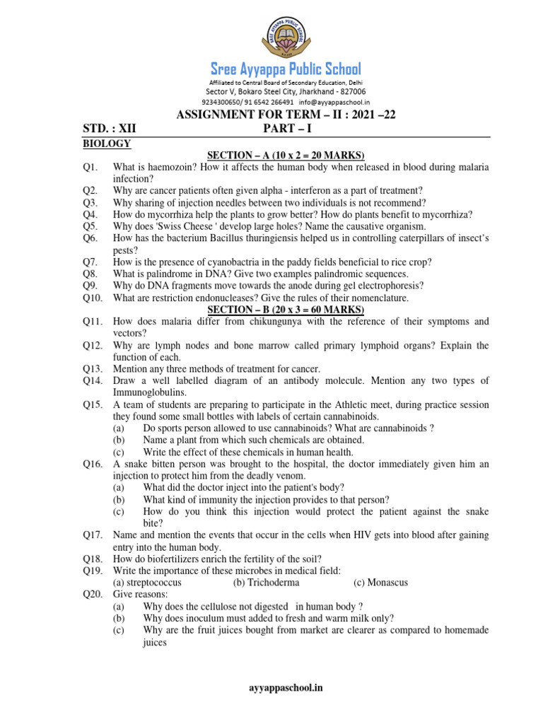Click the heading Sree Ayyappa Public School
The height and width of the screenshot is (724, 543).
(286, 69)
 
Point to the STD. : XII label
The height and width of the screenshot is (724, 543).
(108, 129)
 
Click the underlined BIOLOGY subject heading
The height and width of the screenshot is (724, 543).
(106, 144)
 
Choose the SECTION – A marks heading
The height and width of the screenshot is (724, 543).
(285, 155)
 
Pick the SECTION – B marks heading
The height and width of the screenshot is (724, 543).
(285, 310)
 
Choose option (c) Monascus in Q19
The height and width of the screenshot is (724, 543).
(380, 583)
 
